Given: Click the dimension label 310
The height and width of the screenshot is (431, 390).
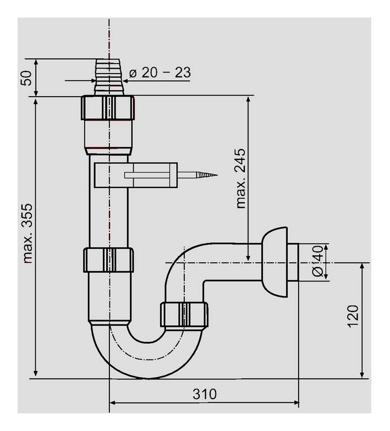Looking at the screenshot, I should (204, 394).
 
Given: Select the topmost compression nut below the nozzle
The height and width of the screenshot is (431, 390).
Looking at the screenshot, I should (108, 107).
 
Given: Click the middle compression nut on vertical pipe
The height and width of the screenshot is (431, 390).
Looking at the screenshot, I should (108, 260).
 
